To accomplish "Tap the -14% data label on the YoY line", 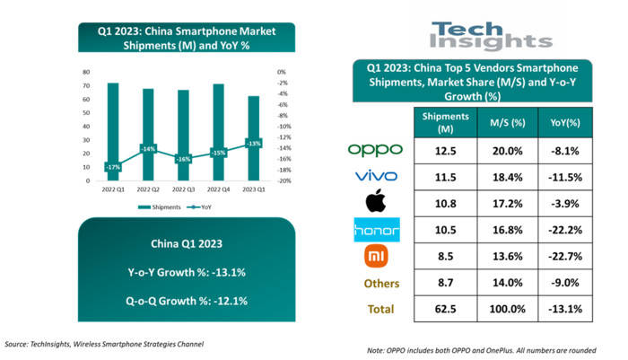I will (148, 149).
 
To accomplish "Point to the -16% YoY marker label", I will (184, 159).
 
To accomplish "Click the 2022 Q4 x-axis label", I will (219, 189).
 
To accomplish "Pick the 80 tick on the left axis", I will (85, 72).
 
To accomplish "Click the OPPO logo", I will (374, 149).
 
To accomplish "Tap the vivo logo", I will (376, 175).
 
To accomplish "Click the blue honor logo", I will (376, 231).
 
